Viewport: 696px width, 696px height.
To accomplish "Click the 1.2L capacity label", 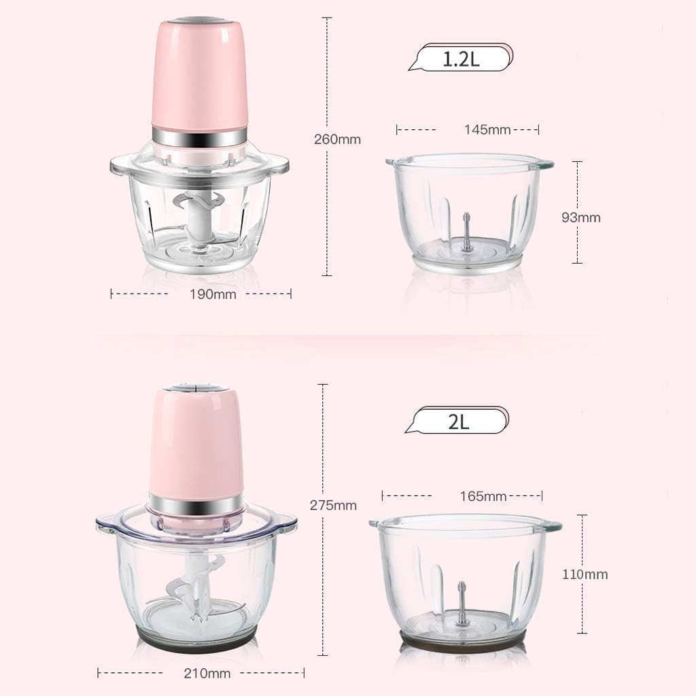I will (x=462, y=58).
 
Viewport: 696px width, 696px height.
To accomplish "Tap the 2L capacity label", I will (x=459, y=421).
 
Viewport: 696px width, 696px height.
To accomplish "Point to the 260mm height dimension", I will (x=338, y=140).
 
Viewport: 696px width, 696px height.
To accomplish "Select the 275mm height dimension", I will (x=334, y=505).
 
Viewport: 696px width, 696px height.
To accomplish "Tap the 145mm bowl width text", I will (x=488, y=129).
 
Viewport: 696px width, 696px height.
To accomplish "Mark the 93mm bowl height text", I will (x=581, y=217).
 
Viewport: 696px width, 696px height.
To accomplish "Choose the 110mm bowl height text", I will (x=585, y=574).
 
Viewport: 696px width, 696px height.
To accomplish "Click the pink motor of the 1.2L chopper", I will (x=198, y=75).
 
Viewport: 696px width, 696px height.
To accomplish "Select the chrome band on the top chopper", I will (x=198, y=138).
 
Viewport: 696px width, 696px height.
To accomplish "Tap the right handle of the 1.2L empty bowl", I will (x=544, y=164).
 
